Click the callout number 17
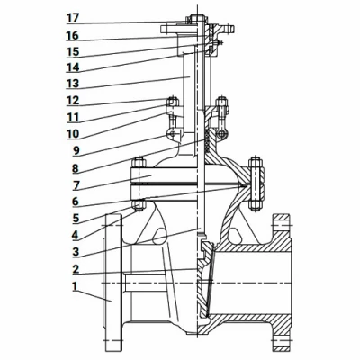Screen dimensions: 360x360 pos(73,18)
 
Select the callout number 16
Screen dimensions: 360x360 pos(73,36)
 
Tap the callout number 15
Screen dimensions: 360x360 pos(73,51)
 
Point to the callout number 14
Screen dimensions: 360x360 pos(73,67)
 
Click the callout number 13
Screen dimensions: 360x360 pos(73,84)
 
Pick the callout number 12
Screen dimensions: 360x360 pos(73,100)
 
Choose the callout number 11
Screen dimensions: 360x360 pos(73,117)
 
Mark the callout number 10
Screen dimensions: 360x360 pos(73,134)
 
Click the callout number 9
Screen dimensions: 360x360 pos(76,150)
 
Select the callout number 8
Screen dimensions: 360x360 pos(76,168)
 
